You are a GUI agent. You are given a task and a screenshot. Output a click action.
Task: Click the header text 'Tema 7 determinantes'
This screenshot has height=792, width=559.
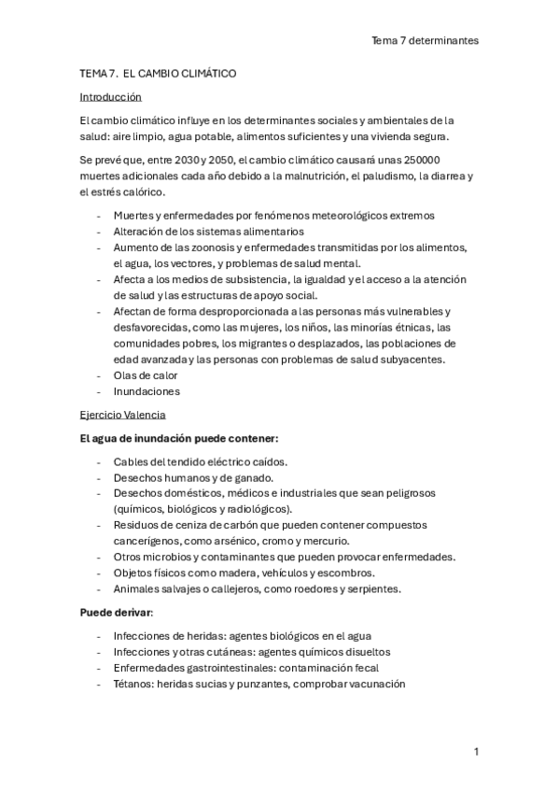[425, 40]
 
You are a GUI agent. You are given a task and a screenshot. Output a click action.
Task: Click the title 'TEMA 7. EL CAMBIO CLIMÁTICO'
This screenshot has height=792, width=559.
[158, 72]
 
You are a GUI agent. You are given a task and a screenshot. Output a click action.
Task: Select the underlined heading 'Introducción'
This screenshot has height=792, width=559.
[110, 96]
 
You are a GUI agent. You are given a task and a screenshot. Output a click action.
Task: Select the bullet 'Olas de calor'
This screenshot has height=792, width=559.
[145, 375]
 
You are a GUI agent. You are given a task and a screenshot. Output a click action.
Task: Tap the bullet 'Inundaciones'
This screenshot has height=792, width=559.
[147, 391]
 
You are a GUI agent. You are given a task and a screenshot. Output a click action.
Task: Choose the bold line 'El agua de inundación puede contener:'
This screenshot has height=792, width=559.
[178, 438]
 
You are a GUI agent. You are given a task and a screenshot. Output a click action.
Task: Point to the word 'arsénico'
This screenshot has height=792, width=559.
[234, 541]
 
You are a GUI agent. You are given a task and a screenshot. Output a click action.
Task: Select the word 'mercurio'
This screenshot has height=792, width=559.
[325, 541]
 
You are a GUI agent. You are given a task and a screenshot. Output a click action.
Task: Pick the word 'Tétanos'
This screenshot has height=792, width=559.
[133, 684]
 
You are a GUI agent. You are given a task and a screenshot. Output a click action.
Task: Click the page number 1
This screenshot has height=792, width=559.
[476, 751]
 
